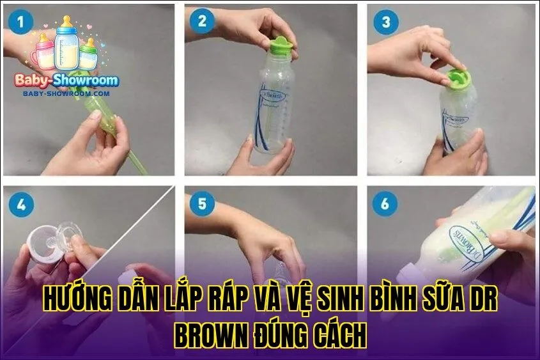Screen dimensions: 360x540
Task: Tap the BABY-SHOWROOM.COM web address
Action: tap(66, 93)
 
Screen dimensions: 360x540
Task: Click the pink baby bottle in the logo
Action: tap(45, 51)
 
